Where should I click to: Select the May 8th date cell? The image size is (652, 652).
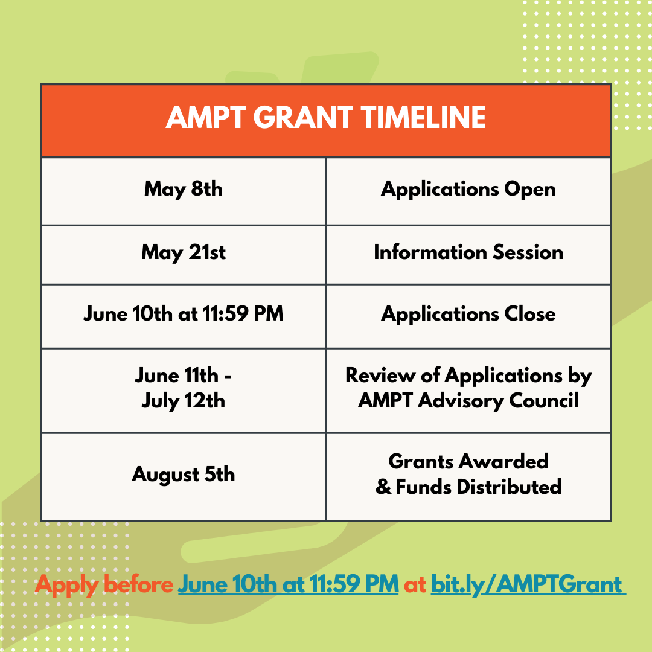(184, 189)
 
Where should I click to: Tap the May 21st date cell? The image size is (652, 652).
(184, 252)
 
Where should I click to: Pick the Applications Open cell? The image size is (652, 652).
(468, 189)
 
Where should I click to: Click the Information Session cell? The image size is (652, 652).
(468, 252)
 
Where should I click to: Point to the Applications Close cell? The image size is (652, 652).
(468, 314)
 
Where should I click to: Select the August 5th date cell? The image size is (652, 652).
(184, 475)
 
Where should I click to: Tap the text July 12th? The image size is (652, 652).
(184, 401)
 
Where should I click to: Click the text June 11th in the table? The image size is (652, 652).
(177, 376)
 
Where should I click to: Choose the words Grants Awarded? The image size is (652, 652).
(468, 461)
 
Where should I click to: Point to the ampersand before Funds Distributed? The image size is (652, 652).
(383, 487)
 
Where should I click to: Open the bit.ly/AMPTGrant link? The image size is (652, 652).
(526, 584)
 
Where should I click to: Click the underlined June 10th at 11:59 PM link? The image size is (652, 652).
(288, 584)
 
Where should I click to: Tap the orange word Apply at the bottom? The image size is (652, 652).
(66, 584)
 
